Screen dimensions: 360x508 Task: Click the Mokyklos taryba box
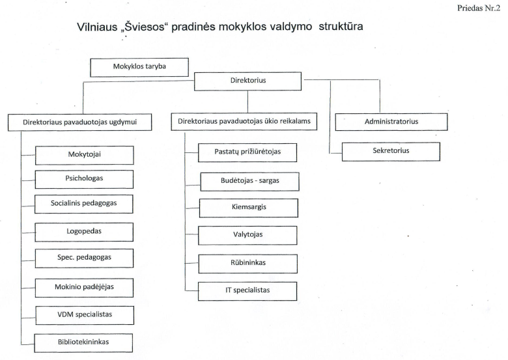[x=139, y=66]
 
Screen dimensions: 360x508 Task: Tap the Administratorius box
[x=391, y=122]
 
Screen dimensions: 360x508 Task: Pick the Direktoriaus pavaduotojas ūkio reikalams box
[x=247, y=122]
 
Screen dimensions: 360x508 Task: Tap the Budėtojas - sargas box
[x=247, y=180]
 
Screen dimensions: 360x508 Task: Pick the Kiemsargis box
[x=247, y=208]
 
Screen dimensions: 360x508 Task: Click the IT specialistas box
[x=247, y=290]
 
